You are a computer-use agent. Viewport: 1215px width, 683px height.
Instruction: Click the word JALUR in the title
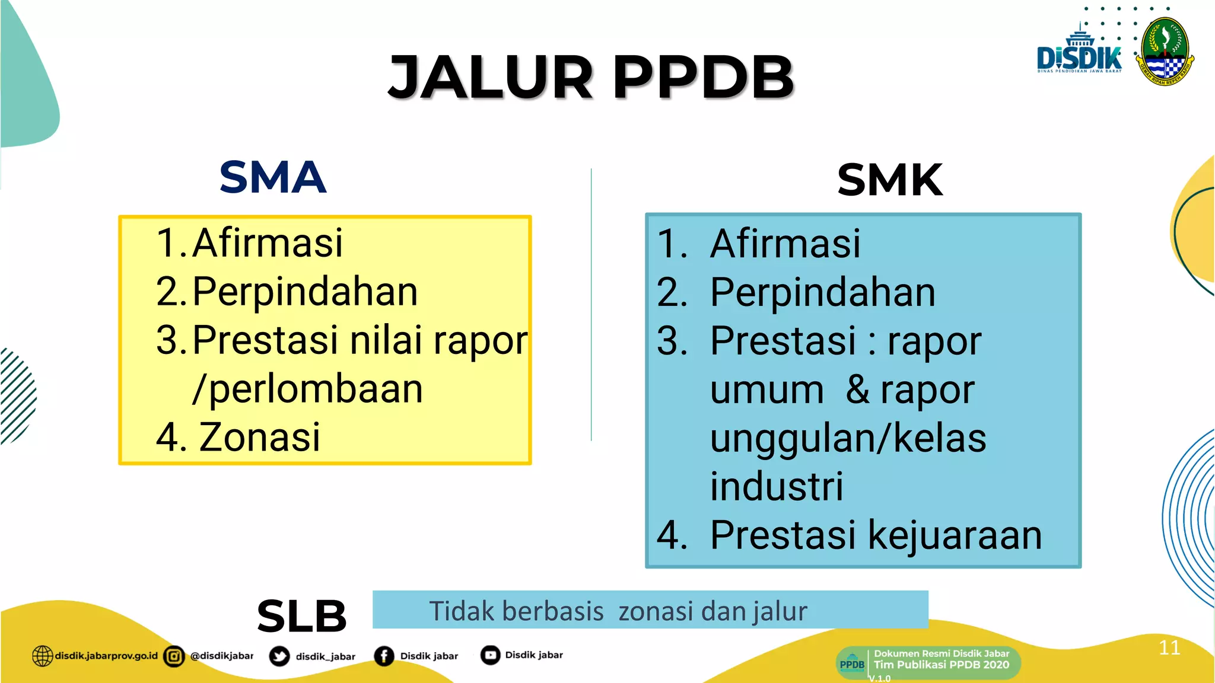coord(490,77)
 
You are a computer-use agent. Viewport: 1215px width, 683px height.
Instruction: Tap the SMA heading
coord(273,177)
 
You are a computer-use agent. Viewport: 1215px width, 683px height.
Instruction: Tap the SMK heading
coord(890,180)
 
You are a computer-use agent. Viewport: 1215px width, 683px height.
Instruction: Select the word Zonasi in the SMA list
coord(259,438)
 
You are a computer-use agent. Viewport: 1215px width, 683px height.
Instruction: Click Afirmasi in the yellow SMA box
coord(268,243)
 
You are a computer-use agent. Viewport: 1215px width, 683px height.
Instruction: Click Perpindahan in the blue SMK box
coord(822,292)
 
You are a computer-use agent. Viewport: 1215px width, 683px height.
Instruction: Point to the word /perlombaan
coord(307,390)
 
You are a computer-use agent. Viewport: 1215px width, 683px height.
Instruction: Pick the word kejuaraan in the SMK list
coord(955,535)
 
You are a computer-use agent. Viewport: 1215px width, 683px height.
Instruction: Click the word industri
coord(777,487)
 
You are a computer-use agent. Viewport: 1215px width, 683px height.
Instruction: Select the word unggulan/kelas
coord(848,439)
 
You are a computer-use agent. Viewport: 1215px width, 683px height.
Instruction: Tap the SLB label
coord(301,616)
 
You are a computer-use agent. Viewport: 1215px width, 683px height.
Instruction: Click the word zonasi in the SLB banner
coord(656,611)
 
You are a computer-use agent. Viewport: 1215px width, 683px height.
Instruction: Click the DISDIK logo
coord(1079,53)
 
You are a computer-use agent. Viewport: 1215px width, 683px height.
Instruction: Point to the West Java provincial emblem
coord(1165,52)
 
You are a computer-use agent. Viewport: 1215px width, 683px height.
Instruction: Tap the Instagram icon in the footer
coord(174,656)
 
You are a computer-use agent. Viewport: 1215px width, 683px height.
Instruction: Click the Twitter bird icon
coord(279,656)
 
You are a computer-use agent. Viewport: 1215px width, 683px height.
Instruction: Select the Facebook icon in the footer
coord(384,656)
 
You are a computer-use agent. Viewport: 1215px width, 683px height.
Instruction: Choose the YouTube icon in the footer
coord(490,655)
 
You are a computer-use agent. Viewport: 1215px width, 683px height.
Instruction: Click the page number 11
coord(1169,647)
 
